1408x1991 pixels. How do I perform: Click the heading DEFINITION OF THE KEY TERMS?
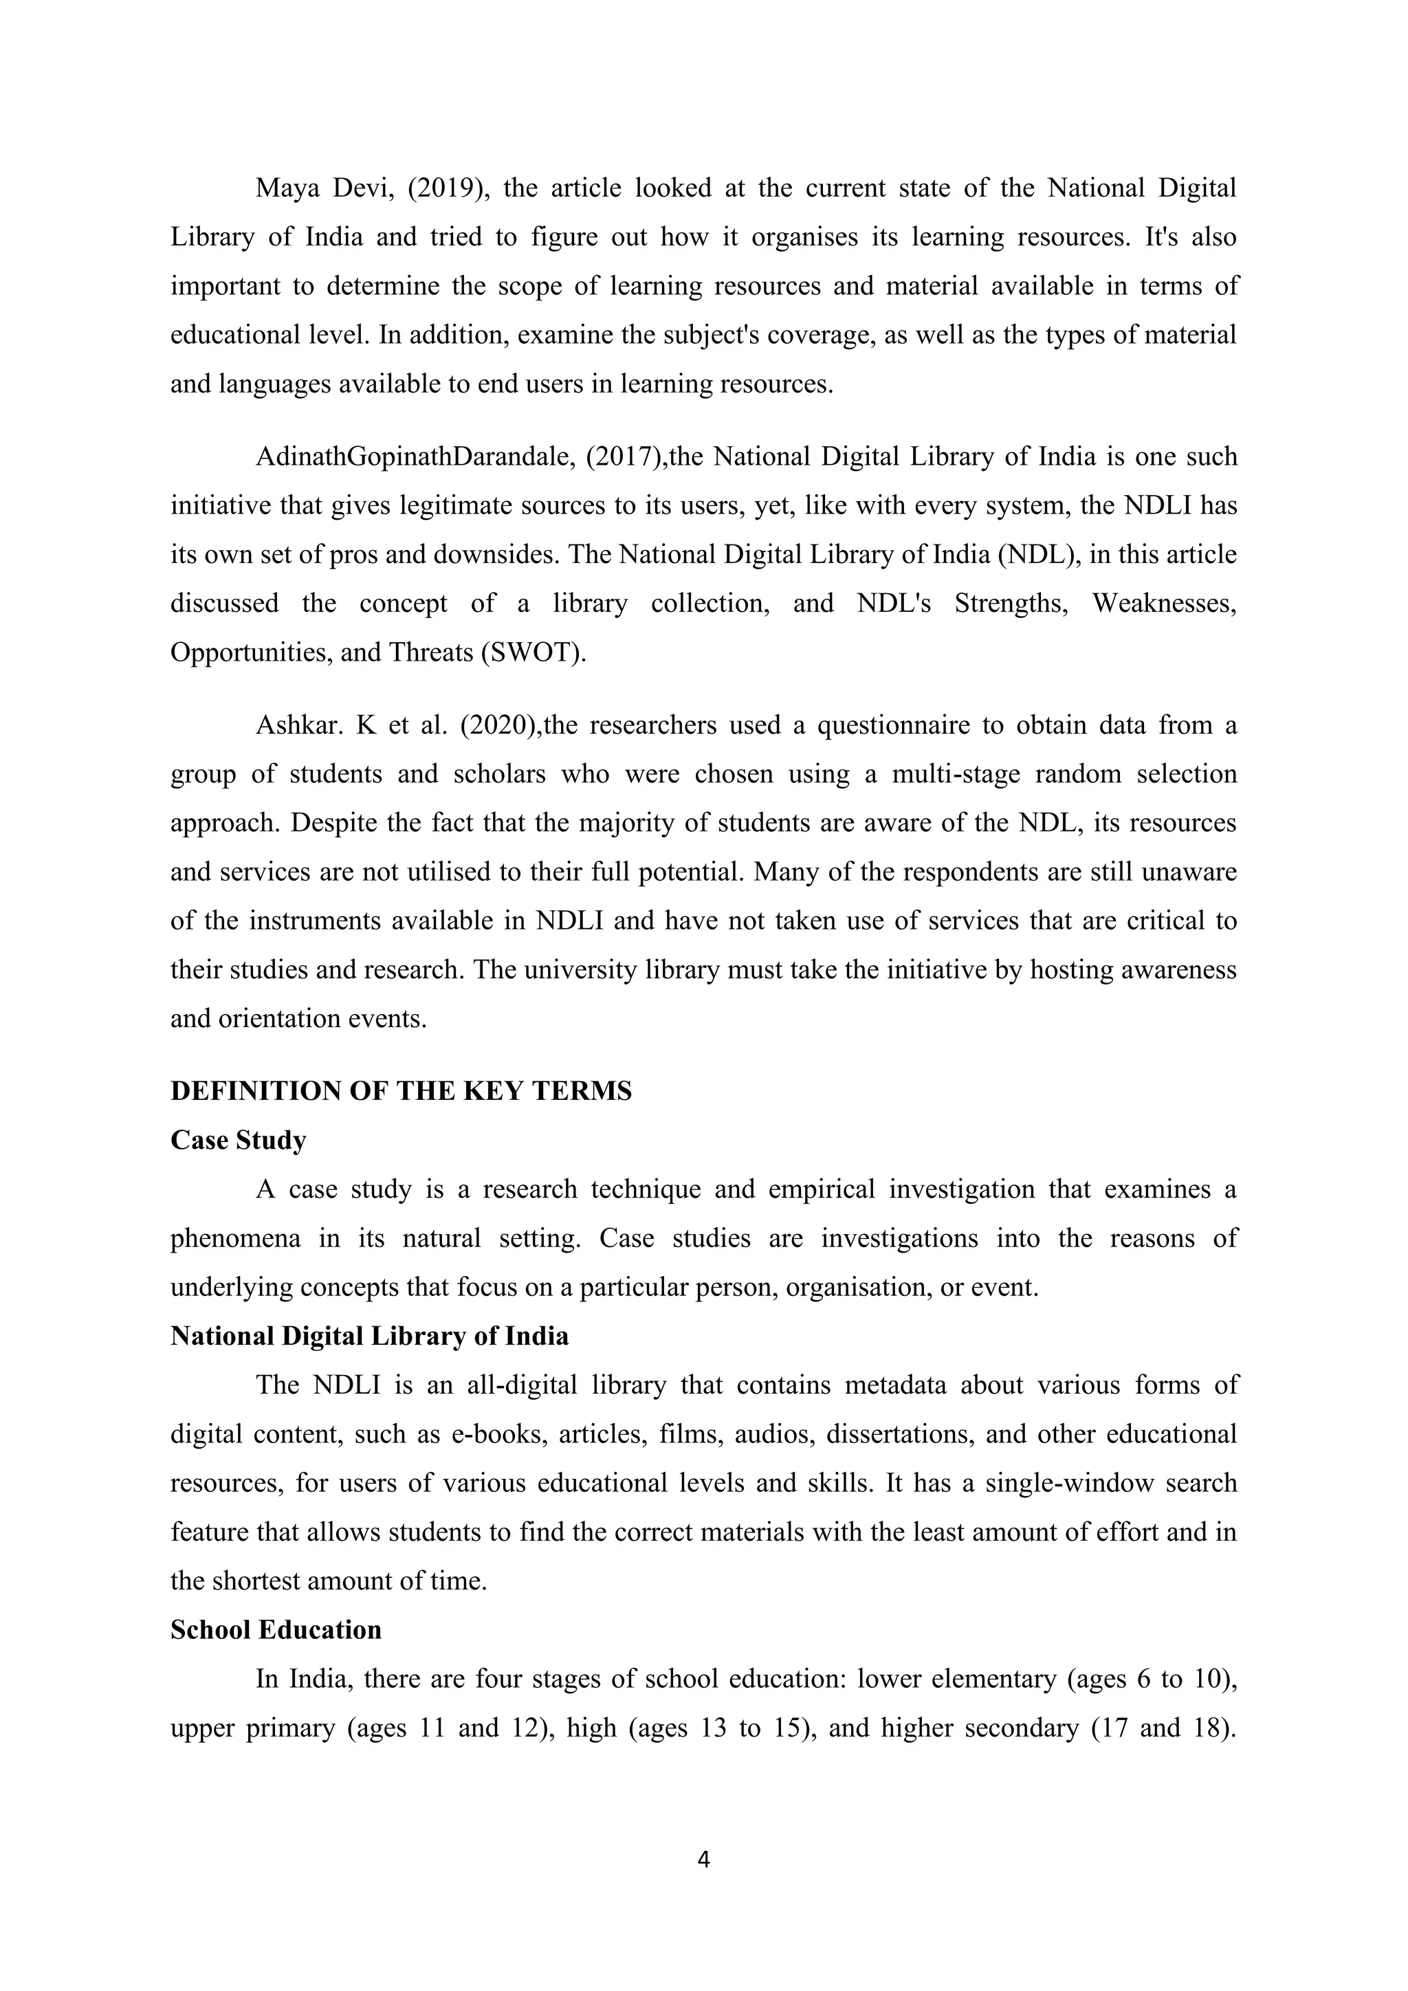point(401,1091)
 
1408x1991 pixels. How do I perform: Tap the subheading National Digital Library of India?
point(369,1336)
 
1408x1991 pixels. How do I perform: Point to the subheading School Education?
point(276,1629)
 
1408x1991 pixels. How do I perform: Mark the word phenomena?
point(235,1238)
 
